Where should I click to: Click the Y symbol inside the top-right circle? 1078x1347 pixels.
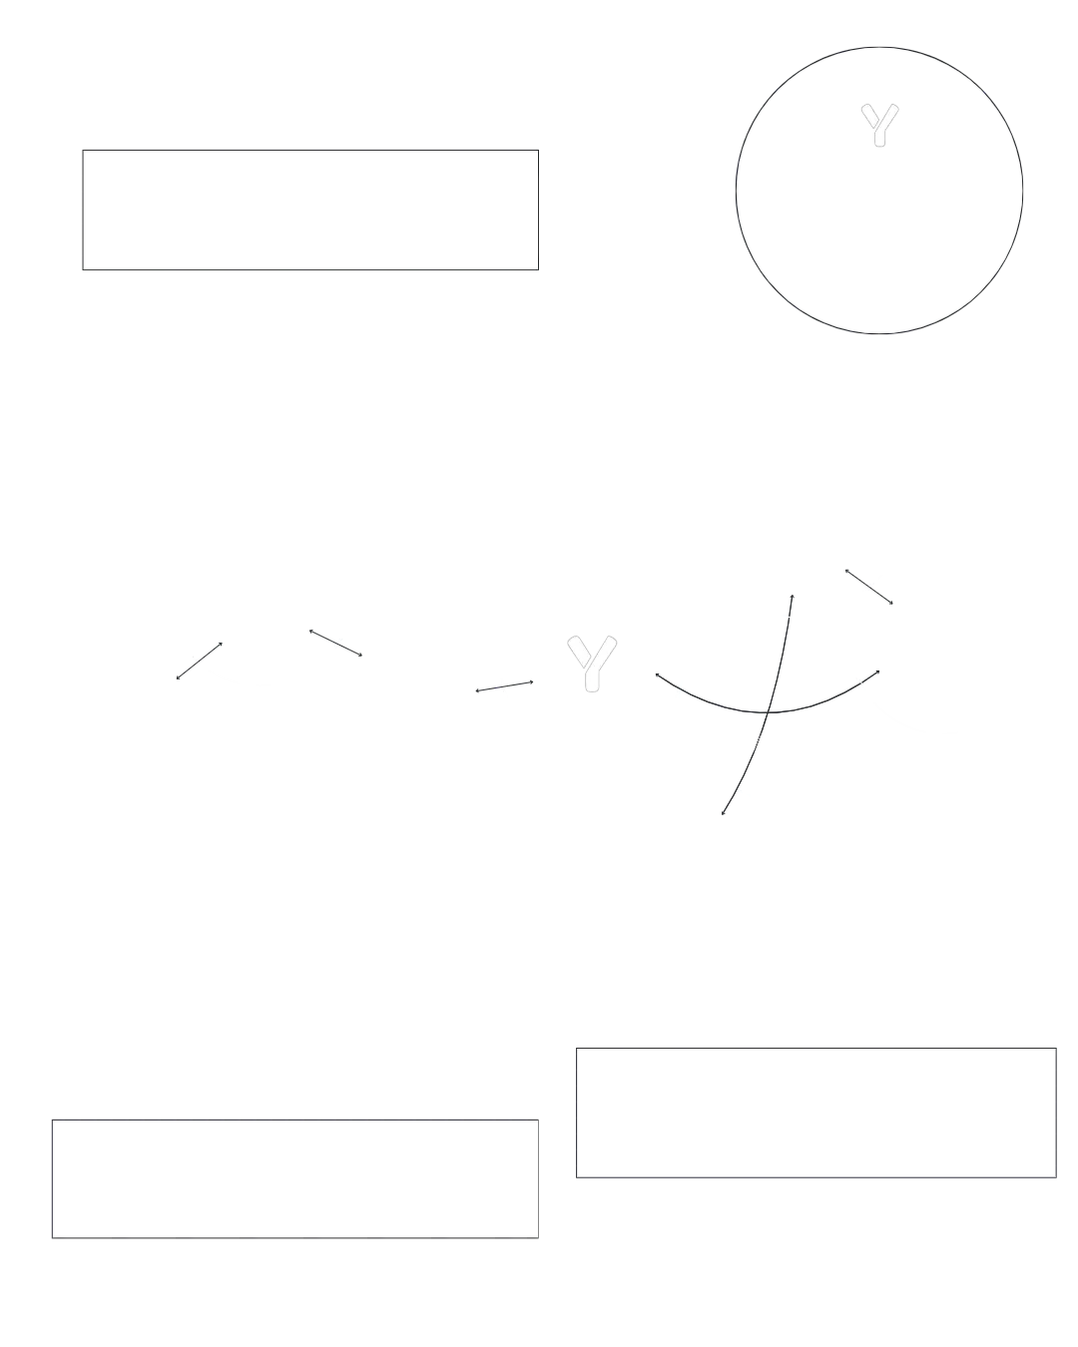pyautogui.click(x=879, y=127)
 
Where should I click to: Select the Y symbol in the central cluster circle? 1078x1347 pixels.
pyautogui.click(x=592, y=662)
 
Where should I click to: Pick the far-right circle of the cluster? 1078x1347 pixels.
pyautogui.click(x=944, y=645)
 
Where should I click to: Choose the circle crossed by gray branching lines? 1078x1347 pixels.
pyautogui.click(x=772, y=704)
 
